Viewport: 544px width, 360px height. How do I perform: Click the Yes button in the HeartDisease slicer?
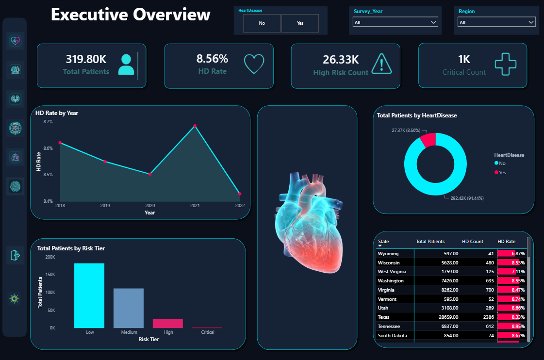300,23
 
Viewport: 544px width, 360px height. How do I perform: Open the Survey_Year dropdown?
395,22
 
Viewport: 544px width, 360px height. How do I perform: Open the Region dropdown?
496,22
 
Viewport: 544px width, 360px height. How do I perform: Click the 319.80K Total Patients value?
86,59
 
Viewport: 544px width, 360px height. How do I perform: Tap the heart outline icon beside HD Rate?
254,64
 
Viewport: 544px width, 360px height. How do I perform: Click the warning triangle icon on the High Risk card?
381,64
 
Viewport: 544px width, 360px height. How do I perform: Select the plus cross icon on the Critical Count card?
506,64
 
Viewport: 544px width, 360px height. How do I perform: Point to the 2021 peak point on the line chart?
195,126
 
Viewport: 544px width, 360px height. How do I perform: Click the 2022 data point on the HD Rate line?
240,194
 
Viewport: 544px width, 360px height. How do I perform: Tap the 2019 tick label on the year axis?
105,206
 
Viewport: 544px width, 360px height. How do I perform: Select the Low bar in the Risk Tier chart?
89,295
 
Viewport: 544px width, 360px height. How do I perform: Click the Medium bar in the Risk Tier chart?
129,308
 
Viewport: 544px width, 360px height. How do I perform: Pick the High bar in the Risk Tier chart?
168,324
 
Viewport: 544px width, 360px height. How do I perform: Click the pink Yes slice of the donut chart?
429,140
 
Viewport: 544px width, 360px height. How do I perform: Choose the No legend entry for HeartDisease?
500,164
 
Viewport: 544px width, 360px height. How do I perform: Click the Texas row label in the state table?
383,317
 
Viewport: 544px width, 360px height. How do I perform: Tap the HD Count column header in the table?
473,242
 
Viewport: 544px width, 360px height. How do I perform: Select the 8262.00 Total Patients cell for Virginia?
450,290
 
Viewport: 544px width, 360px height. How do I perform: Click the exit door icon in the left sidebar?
15,255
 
